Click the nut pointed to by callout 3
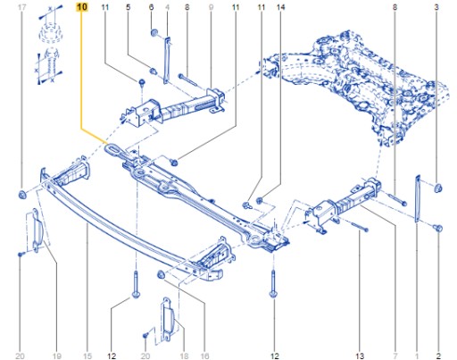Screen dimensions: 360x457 point(438,188)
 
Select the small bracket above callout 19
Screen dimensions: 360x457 point(35,230)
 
